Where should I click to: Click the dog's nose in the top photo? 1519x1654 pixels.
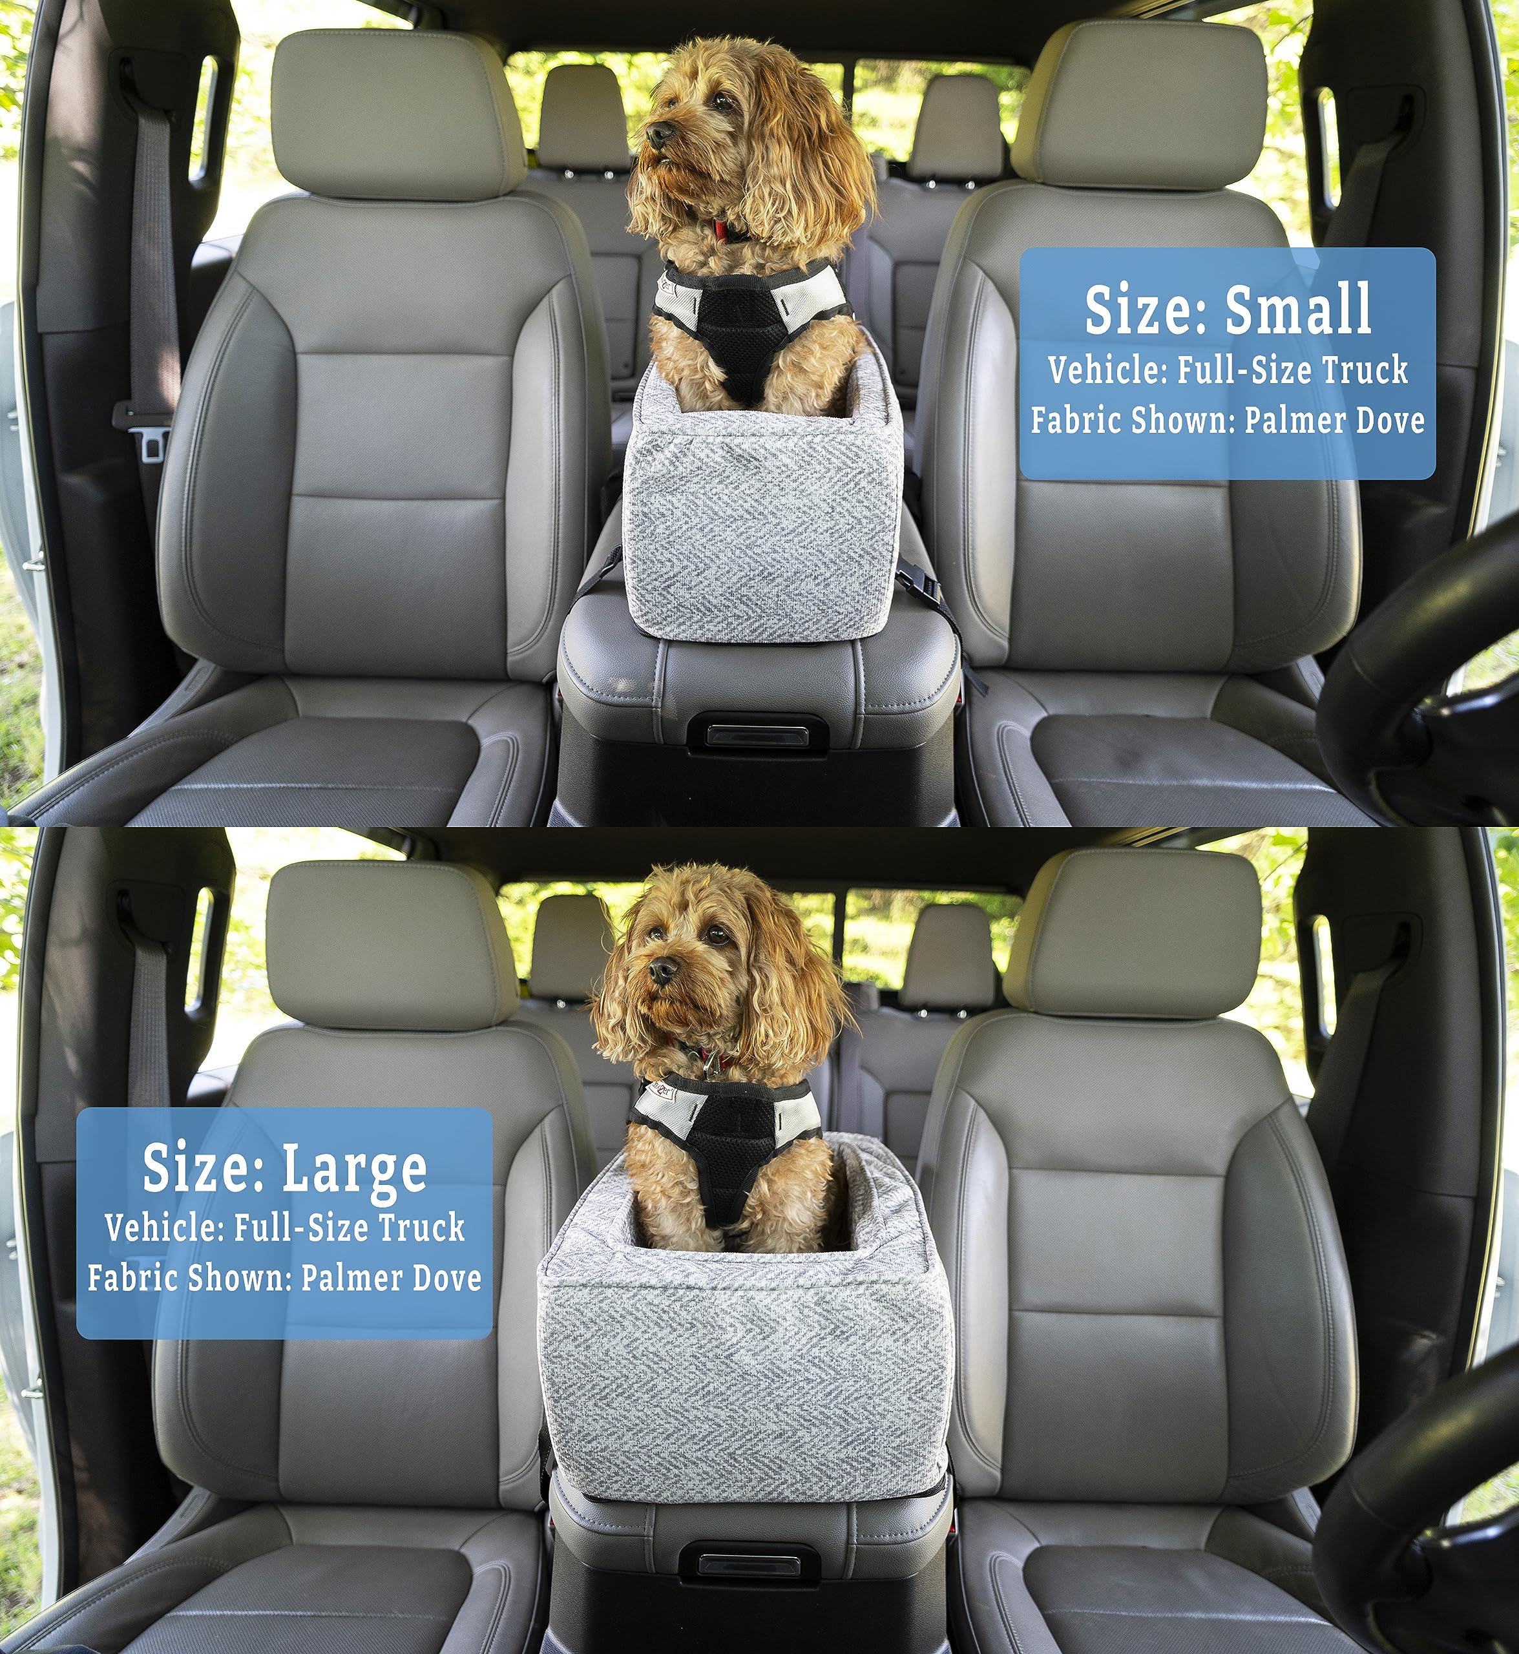click(658, 133)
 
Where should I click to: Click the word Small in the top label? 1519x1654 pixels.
click(1299, 310)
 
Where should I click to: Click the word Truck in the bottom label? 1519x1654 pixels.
click(422, 1228)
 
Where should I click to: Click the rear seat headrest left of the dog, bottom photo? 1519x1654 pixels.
click(571, 950)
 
